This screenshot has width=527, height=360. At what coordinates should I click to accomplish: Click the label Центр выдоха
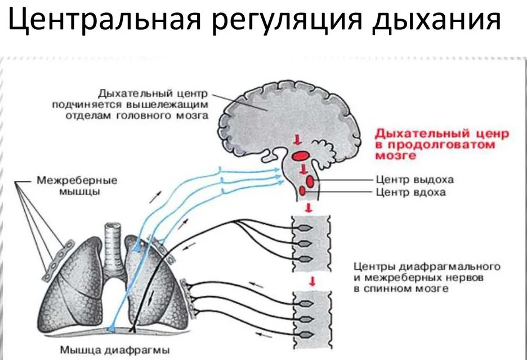pos(415,180)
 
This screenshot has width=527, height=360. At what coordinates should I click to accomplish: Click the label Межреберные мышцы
pos(77,186)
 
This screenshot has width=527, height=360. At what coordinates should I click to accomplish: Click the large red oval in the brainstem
pos(301,154)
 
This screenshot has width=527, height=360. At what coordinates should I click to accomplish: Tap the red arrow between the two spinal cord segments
pos(309,280)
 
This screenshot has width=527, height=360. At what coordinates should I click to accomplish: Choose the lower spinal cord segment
pos(310,319)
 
